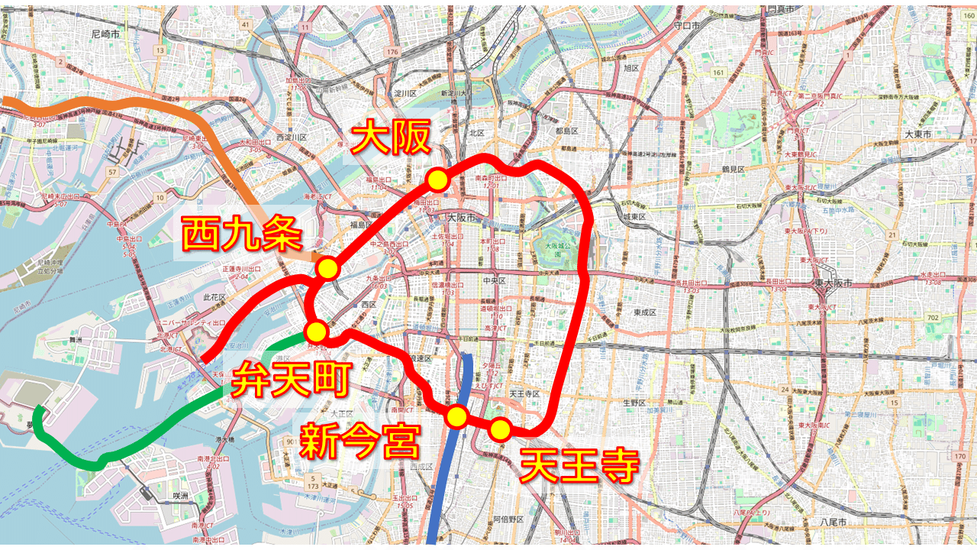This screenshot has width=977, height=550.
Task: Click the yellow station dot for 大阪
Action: [437, 180]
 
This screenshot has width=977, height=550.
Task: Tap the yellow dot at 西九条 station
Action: [327, 268]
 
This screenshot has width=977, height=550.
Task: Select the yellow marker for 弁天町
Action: [316, 332]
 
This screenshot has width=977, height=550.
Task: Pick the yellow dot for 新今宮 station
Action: [456, 416]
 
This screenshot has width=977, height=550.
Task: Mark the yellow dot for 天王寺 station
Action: [500, 429]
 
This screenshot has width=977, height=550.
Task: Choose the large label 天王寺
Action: [578, 465]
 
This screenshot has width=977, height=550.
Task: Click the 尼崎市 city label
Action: [106, 34]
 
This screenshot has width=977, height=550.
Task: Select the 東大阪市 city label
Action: [831, 283]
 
